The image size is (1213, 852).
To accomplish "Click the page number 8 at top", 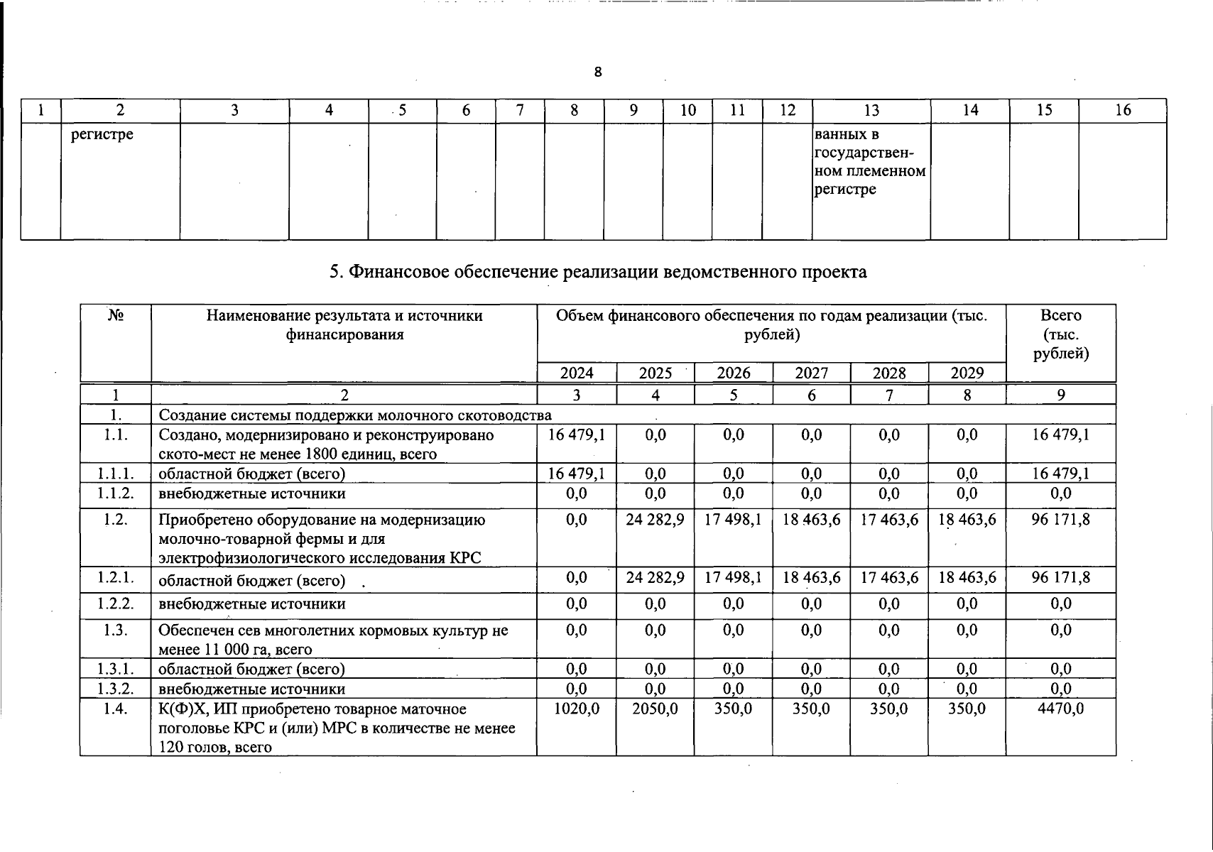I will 598,72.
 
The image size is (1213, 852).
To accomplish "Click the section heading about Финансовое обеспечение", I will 598,272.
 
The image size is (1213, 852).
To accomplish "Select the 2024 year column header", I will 577,373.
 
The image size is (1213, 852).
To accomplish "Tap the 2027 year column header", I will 811,373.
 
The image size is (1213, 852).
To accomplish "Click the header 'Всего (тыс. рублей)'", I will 1060,334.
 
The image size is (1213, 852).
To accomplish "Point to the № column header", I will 116,316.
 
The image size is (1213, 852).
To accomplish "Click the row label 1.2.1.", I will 116,578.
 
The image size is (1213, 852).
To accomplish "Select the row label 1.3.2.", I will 116,689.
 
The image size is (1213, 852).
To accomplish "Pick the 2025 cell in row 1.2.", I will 655,520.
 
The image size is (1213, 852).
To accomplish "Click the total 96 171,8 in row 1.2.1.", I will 1060,578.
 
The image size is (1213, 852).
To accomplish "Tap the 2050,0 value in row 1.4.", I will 655,709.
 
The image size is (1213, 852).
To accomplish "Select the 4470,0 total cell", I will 1060,709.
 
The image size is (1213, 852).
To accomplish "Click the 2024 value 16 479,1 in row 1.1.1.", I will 577,474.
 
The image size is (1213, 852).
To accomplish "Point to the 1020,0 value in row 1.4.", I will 577,709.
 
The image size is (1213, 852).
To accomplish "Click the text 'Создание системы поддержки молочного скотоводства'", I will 355,415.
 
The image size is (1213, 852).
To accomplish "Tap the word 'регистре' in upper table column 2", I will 102,134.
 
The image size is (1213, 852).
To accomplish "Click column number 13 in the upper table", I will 871,110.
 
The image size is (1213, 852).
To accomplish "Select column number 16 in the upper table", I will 1122,110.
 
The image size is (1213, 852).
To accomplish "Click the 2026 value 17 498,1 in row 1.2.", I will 733,520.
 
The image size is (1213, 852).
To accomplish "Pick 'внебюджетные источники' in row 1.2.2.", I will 252,604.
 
